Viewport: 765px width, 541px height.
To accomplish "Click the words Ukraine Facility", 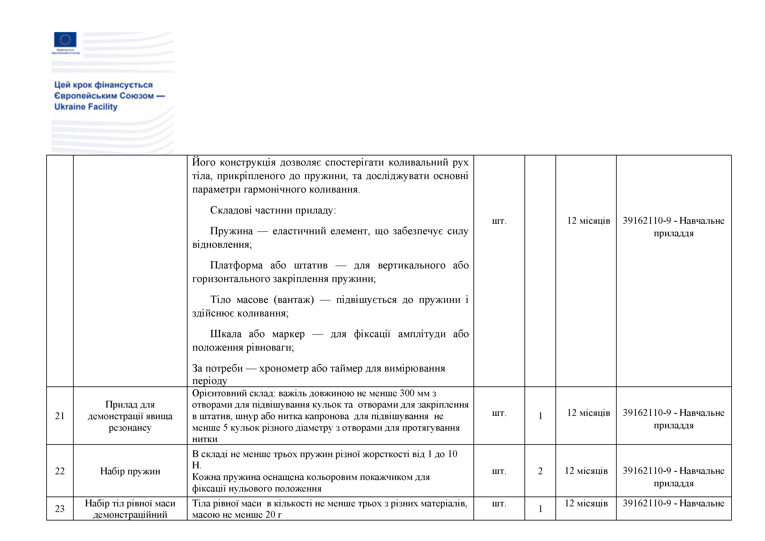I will click(x=86, y=107).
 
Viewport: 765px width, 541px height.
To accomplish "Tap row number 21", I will click(x=60, y=416).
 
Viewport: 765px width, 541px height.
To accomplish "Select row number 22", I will click(x=60, y=471).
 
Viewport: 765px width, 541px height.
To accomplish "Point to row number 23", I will click(x=60, y=509).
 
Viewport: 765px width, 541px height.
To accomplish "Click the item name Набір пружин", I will click(x=130, y=471).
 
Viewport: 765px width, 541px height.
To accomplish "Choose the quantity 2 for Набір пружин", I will click(x=540, y=471).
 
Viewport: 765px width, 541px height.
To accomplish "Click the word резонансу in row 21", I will click(x=130, y=428).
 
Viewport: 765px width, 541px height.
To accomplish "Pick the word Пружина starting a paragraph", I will click(x=231, y=231).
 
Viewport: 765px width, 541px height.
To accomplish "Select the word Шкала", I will click(x=225, y=334).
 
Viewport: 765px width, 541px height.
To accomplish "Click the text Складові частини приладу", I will click(x=273, y=210).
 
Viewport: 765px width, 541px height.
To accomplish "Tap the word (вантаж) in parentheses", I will click(x=294, y=300).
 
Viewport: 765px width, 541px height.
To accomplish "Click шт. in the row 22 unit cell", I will click(x=499, y=471).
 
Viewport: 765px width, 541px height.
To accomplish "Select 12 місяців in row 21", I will click(x=588, y=413).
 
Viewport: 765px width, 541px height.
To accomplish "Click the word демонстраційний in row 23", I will click(x=130, y=515).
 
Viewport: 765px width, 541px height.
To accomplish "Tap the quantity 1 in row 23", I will click(x=540, y=509).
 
